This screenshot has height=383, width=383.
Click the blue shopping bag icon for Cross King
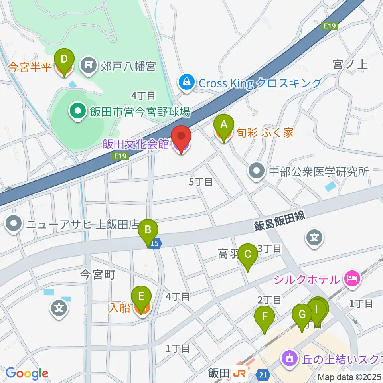pyautogui.click(x=186, y=83)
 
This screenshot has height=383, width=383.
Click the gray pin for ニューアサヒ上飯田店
pyautogui.click(x=14, y=224)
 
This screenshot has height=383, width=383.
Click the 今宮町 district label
pyautogui.click(x=98, y=274)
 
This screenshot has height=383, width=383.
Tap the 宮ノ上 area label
pyautogui.click(x=350, y=64)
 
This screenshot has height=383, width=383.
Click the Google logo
pyautogui.click(x=27, y=374)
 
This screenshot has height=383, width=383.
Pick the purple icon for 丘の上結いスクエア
pyautogui.click(x=288, y=357)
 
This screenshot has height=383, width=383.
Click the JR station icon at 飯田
pyautogui.click(x=240, y=374)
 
